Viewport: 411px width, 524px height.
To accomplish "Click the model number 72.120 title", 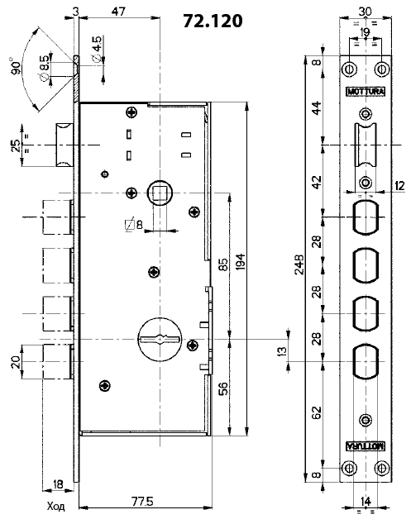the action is click(213, 21).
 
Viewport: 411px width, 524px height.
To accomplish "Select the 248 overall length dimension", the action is click(299, 264).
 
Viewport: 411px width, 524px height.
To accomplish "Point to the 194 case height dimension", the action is click(241, 262).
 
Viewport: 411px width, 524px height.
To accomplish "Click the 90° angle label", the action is click(16, 66).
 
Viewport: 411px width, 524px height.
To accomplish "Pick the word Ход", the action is click(56, 507).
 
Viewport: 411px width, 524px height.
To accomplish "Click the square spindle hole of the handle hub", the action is click(159, 193).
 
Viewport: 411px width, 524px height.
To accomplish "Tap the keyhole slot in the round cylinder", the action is click(160, 340).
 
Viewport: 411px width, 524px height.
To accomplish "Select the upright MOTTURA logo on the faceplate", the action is click(366, 91).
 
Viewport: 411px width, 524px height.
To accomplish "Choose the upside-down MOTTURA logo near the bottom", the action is click(366, 445).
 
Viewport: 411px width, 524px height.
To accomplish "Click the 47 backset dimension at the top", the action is click(119, 11).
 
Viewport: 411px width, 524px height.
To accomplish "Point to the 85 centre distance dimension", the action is click(224, 264).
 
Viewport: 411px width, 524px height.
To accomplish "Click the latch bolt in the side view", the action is click(65, 145).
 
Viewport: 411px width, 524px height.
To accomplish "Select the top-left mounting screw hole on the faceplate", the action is click(350, 69).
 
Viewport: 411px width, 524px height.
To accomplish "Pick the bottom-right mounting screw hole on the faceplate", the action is click(381, 468).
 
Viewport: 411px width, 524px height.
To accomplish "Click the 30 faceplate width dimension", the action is click(366, 12).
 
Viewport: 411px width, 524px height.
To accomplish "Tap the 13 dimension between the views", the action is click(283, 351).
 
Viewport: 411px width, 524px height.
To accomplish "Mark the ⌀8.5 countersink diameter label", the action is click(44, 67).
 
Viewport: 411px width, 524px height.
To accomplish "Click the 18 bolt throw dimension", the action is click(58, 484).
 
